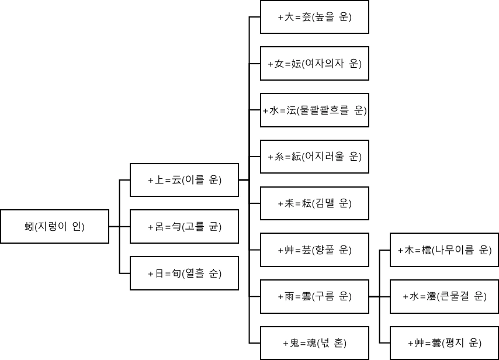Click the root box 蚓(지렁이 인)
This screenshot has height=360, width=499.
pyautogui.click(x=55, y=226)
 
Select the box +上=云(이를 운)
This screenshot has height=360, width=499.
pyautogui.click(x=184, y=180)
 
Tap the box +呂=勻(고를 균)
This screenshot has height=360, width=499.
pyautogui.click(x=184, y=226)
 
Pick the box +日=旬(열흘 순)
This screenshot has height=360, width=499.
pyautogui.click(x=184, y=273)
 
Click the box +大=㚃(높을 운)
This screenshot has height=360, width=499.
pyautogui.click(x=314, y=17)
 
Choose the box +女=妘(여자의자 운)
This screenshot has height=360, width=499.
pyautogui.click(x=314, y=63)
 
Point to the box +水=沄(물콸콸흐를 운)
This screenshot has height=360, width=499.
pyautogui.click(x=314, y=110)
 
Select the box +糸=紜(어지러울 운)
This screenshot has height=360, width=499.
pyautogui.click(x=314, y=157)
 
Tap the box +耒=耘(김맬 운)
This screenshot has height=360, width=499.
pyautogui.click(x=314, y=203)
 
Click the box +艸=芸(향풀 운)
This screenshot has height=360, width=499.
pyautogui.click(x=314, y=250)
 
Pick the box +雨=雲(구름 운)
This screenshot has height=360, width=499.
pyautogui.click(x=314, y=296)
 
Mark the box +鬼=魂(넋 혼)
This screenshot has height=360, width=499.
pyautogui.click(x=314, y=342)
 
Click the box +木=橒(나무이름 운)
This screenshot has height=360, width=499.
pyautogui.click(x=444, y=250)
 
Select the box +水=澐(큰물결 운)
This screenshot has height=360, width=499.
pyautogui.click(x=444, y=296)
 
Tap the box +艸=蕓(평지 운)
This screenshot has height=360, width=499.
pyautogui.click(x=444, y=342)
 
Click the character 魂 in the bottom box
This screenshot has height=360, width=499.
pyautogui.click(x=306, y=342)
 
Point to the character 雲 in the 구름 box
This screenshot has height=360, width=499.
pyautogui.click(x=306, y=296)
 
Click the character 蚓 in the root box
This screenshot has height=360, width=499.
pyautogui.click(x=28, y=226)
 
